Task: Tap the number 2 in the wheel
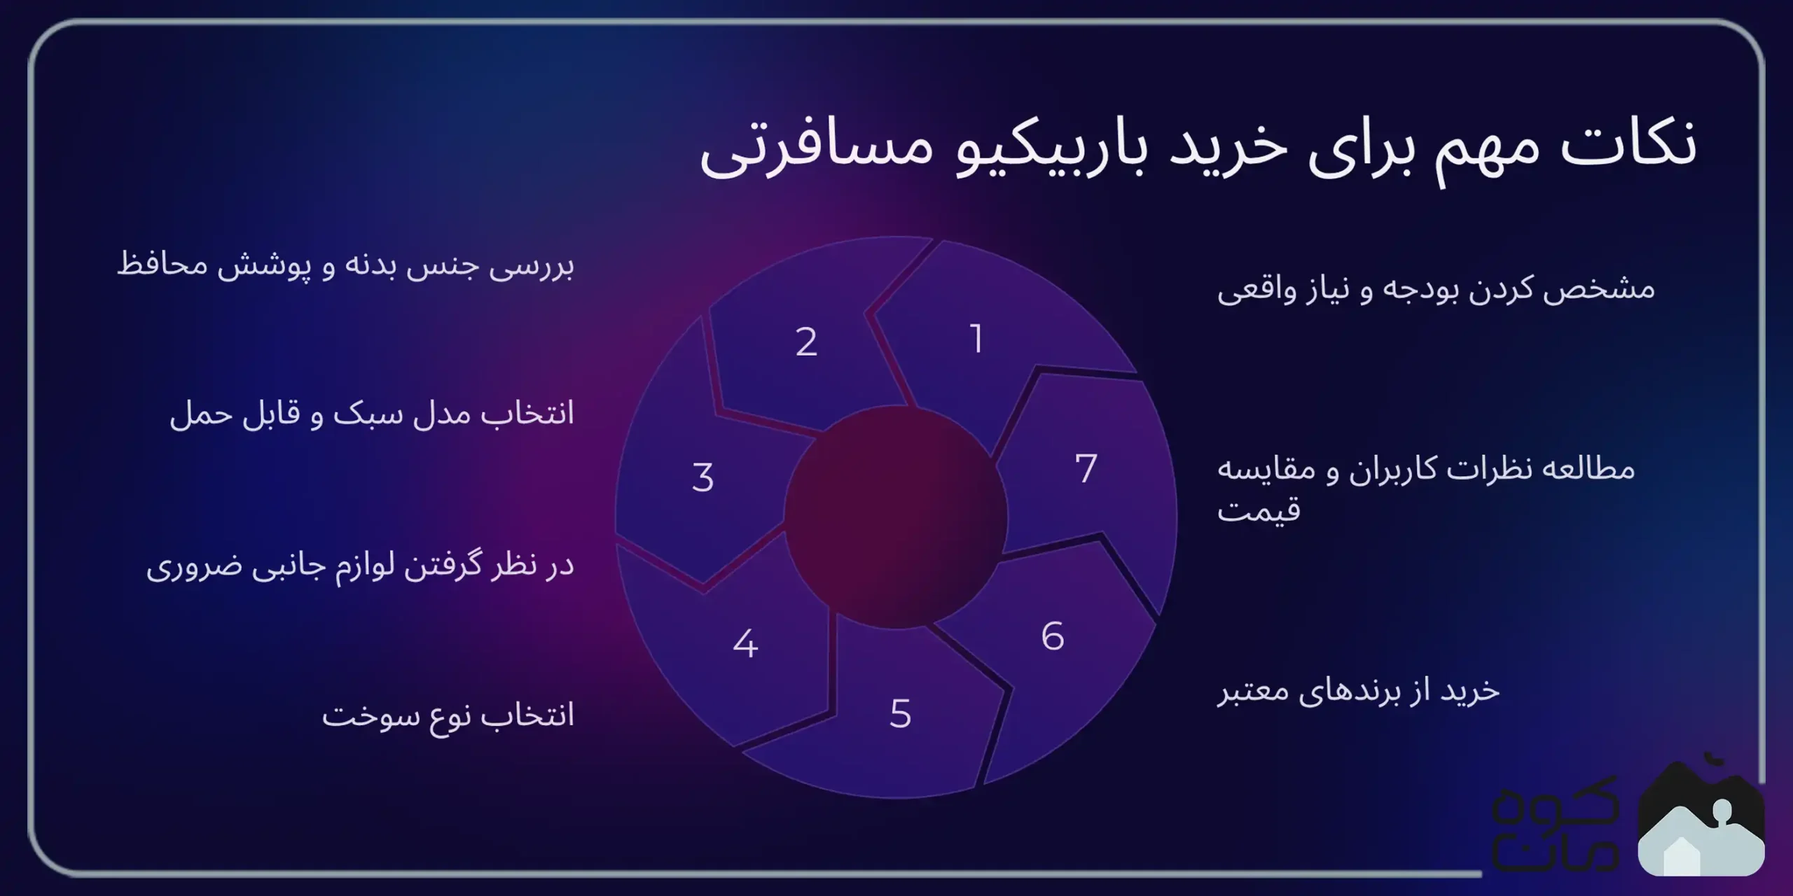(x=806, y=342)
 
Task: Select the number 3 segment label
(x=702, y=478)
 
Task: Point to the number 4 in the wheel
(x=745, y=644)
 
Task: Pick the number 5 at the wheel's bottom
(x=900, y=714)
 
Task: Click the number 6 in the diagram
(x=1053, y=637)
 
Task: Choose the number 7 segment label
(x=1086, y=468)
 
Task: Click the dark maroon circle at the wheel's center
(x=896, y=517)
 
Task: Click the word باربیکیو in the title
(x=1051, y=150)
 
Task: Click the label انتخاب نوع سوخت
(x=448, y=716)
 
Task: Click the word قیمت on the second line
(x=1259, y=510)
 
